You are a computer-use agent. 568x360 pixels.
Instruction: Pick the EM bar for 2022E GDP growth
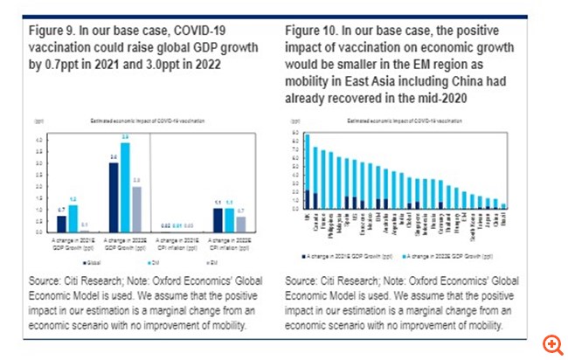click(137, 209)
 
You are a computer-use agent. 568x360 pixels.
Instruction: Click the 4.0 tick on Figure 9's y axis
click(38, 140)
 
